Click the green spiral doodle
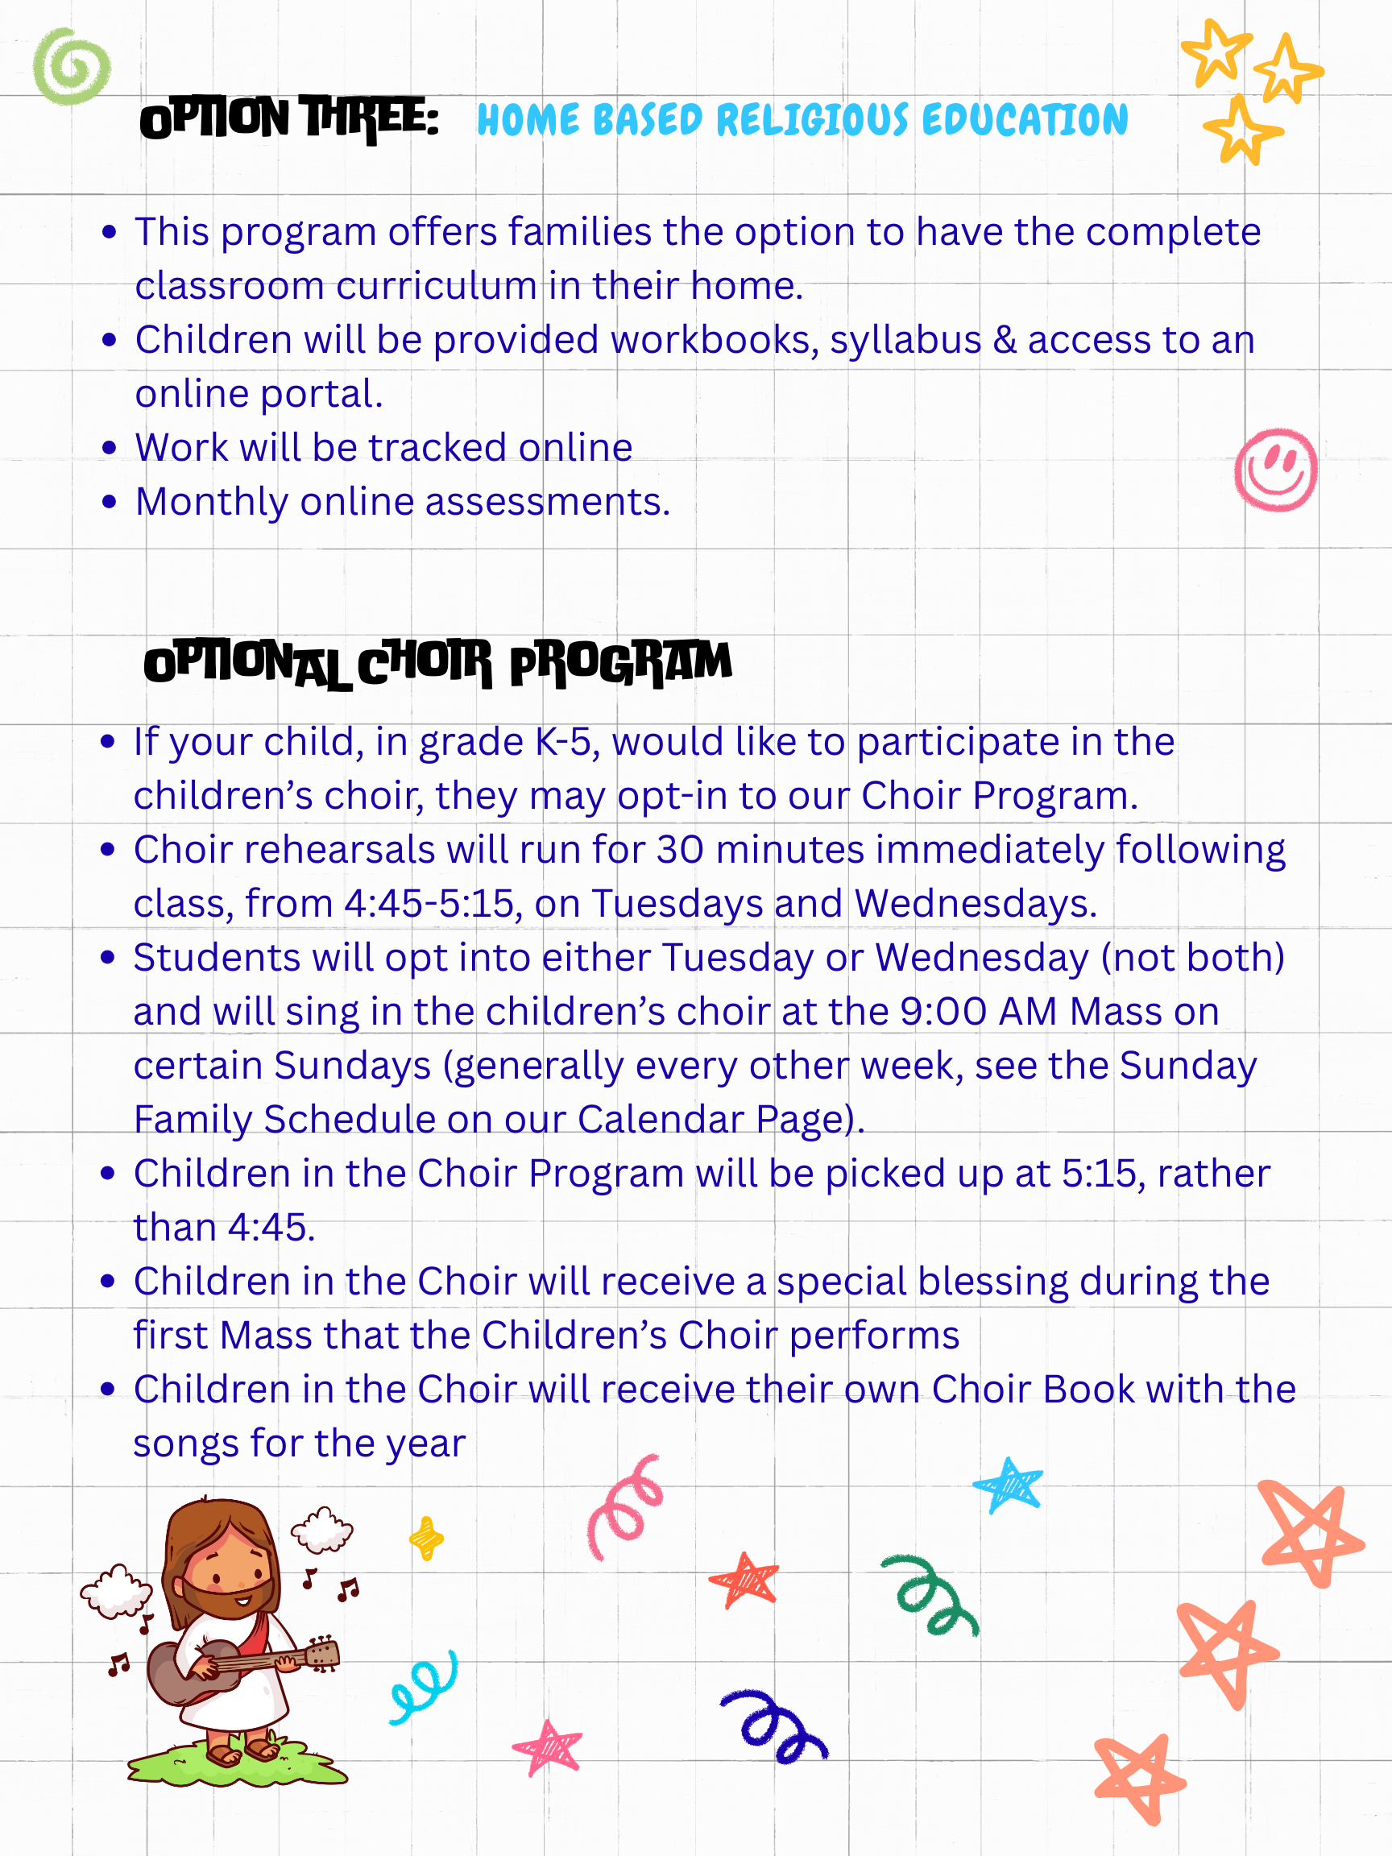(72, 66)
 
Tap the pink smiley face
(1275, 470)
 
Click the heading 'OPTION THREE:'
(288, 118)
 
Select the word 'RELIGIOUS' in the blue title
(812, 120)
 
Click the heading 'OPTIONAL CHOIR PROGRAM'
(437, 663)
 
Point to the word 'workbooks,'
(714, 341)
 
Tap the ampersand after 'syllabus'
(1005, 341)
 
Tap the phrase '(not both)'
(1192, 958)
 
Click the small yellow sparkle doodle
(426, 1539)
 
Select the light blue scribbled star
(1009, 1486)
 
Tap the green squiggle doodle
(930, 1595)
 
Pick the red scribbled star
(744, 1580)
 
